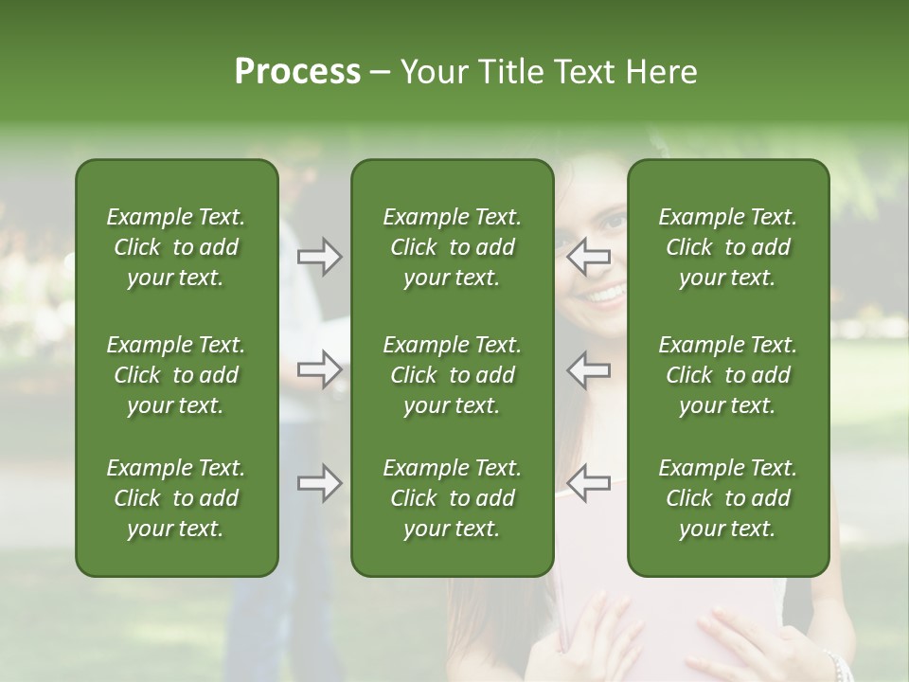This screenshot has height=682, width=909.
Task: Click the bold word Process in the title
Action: (297, 72)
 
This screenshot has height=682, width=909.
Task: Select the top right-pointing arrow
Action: (319, 257)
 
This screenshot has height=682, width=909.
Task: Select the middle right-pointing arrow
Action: (319, 369)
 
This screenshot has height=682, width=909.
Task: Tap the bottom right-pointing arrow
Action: (319, 483)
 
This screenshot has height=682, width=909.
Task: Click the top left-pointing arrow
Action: (589, 257)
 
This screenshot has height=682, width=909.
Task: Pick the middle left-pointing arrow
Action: (589, 369)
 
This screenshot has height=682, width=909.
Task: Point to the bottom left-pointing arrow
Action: (589, 483)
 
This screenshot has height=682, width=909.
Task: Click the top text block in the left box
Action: (176, 247)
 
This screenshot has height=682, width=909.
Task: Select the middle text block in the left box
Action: (176, 375)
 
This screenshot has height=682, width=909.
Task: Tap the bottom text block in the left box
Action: (176, 498)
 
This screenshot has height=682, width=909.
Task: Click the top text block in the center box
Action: (452, 247)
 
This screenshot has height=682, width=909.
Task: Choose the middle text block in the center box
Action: (452, 375)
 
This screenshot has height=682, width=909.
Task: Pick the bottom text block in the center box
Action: (452, 498)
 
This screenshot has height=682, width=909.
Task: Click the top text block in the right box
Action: (727, 247)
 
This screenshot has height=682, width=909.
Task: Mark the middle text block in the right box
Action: (727, 375)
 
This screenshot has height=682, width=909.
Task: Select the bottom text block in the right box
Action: (727, 498)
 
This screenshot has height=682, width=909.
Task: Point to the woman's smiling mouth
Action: (604, 296)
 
